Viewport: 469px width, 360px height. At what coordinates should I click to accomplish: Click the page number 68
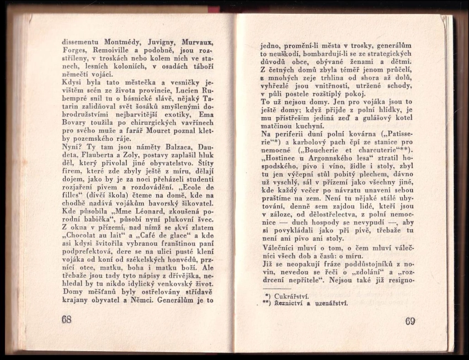(66, 319)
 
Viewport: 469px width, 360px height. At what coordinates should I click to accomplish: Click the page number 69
(409, 321)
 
